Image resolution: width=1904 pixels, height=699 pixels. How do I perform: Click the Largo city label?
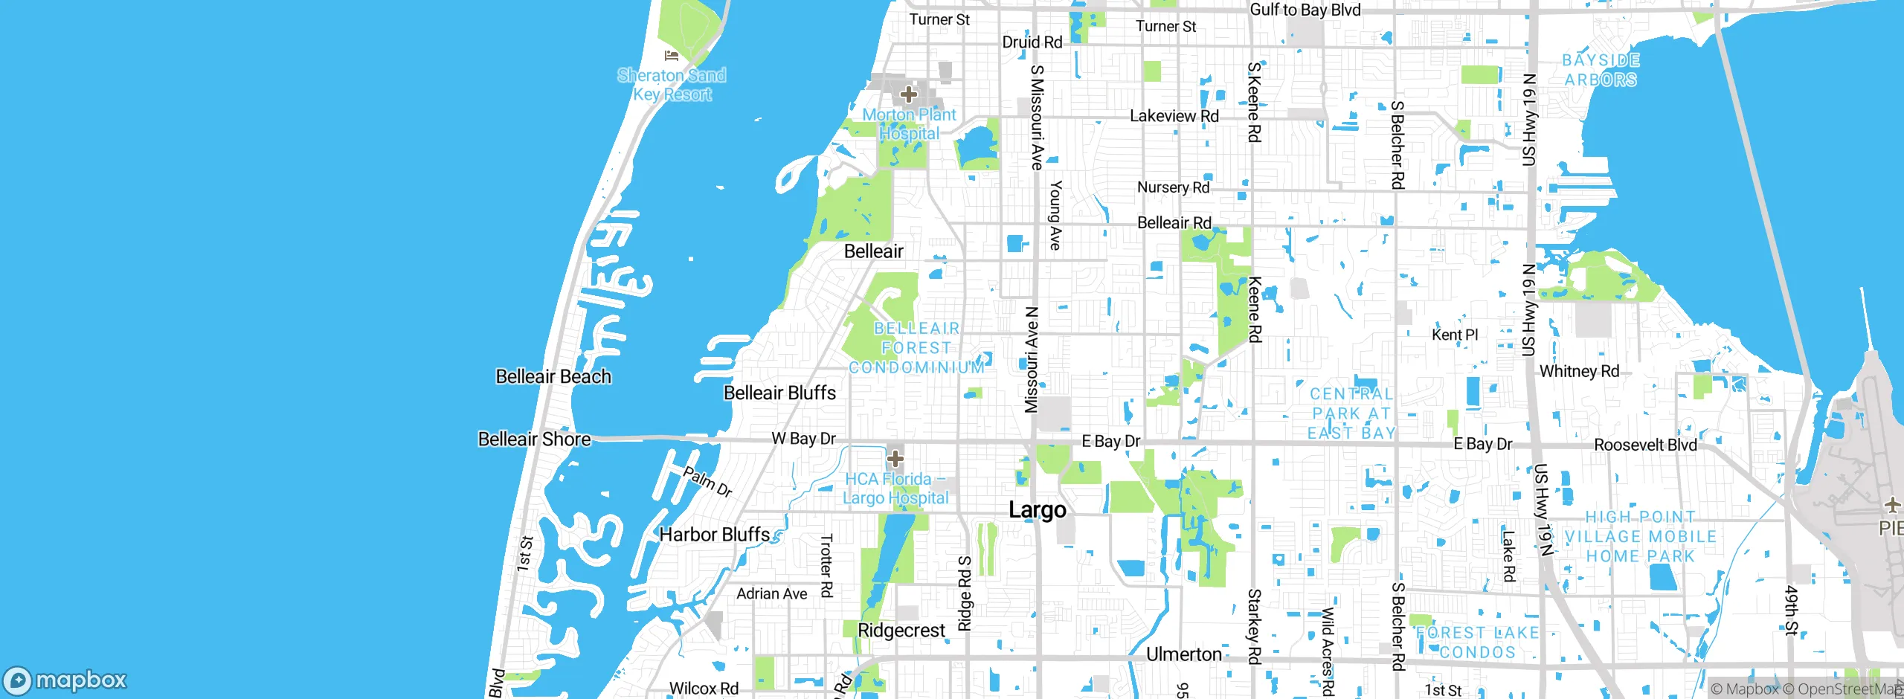click(1037, 510)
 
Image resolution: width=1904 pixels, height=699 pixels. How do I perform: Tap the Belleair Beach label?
click(553, 377)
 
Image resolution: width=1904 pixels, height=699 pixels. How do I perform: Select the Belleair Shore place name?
click(534, 439)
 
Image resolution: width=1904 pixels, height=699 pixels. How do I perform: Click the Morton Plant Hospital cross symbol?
click(908, 94)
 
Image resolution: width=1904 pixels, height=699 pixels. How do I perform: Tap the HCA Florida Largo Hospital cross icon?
click(895, 459)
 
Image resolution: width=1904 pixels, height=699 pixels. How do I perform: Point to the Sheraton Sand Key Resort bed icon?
click(672, 55)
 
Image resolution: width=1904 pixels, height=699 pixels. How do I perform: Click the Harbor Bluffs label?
click(714, 535)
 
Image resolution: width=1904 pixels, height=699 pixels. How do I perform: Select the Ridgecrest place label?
click(901, 631)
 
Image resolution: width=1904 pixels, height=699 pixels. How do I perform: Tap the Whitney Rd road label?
click(1579, 371)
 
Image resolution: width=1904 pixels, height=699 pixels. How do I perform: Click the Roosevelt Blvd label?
click(1645, 445)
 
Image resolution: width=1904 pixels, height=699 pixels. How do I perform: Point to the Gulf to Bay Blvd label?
click(1305, 10)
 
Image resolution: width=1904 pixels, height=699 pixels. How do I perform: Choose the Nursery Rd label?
click(1173, 187)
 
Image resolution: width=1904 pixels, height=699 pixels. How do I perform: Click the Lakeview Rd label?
click(1174, 116)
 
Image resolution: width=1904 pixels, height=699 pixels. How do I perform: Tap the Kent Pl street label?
click(1454, 335)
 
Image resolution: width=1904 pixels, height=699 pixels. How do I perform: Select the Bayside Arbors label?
click(1601, 70)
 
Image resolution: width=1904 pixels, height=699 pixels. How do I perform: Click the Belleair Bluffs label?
click(779, 393)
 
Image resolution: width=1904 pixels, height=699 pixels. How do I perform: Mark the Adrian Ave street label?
click(771, 593)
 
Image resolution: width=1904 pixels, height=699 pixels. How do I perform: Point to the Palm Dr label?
click(707, 481)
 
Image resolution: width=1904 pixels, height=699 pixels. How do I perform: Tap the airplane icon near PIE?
click(1893, 506)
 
